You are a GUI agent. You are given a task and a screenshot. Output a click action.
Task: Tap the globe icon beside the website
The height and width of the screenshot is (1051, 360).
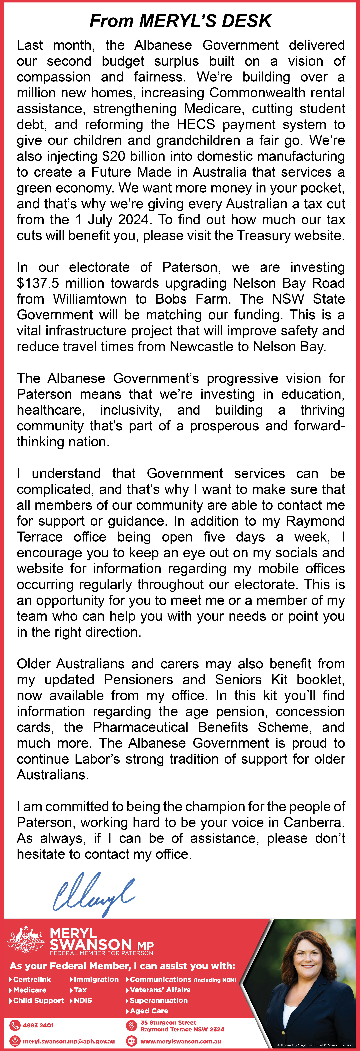[131, 1041]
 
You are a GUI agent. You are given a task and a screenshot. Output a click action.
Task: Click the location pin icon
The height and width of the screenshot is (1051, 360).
[131, 1026]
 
